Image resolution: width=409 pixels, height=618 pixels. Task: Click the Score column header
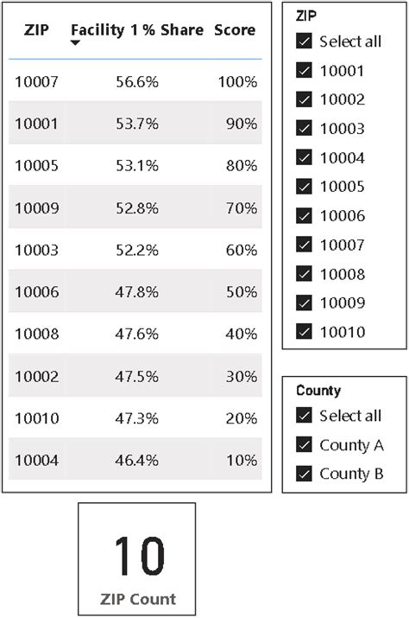tap(235, 30)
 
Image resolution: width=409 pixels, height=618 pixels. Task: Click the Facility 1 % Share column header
tap(137, 30)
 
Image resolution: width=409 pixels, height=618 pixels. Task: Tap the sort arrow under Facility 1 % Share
tap(76, 43)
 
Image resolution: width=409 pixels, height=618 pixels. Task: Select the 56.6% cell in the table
tap(137, 82)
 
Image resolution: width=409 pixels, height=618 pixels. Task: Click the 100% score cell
tap(237, 82)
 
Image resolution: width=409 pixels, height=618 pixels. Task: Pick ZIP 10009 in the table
tap(36, 208)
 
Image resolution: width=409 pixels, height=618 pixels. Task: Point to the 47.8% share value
tap(137, 292)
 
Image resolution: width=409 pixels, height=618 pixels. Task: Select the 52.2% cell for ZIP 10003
tap(137, 251)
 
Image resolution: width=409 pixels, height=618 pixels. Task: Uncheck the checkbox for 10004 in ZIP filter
tap(304, 157)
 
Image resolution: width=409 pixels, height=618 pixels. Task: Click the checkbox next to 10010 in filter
tap(304, 331)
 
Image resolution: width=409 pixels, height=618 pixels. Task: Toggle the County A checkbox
tap(304, 445)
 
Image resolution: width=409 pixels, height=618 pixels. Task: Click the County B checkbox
tap(304, 474)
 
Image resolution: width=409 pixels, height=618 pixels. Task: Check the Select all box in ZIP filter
tap(304, 41)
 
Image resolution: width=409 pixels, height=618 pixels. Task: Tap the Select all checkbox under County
tap(304, 416)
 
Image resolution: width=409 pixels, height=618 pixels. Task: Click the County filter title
tap(318, 391)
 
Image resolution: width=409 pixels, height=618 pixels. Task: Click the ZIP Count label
tap(137, 599)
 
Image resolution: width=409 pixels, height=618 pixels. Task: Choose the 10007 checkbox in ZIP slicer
tap(304, 245)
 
